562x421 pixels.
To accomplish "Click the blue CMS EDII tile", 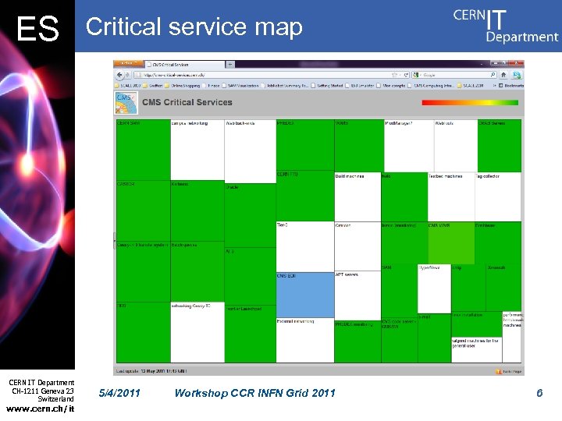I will pos(304,294).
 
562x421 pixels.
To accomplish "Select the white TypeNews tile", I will pos(434,288).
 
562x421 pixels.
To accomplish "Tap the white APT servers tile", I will pos(357,294).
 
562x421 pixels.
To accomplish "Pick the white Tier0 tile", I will pos(304,246).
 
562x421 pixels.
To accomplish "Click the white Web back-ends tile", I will pos(250,150).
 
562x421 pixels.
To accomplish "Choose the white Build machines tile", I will pos(357,196).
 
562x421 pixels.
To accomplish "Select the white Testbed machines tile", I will pos(452,196).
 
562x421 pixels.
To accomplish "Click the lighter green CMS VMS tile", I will pos(450,242).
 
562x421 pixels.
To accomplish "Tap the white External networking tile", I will pos(304,340).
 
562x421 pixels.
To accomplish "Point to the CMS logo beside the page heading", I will pos(126,102).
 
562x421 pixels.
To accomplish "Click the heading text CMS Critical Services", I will pos(187,102).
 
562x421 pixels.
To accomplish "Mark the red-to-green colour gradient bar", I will pos(469,102).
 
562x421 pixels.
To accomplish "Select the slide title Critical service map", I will pos(194,27).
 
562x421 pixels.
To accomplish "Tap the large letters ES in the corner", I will pos(37,30).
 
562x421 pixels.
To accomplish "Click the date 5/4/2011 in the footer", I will pos(121,393).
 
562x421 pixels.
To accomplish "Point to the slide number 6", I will pos(539,393).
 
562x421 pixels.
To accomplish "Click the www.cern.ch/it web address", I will pos(40,409).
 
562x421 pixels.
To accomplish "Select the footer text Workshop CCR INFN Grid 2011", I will pos(255,393).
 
